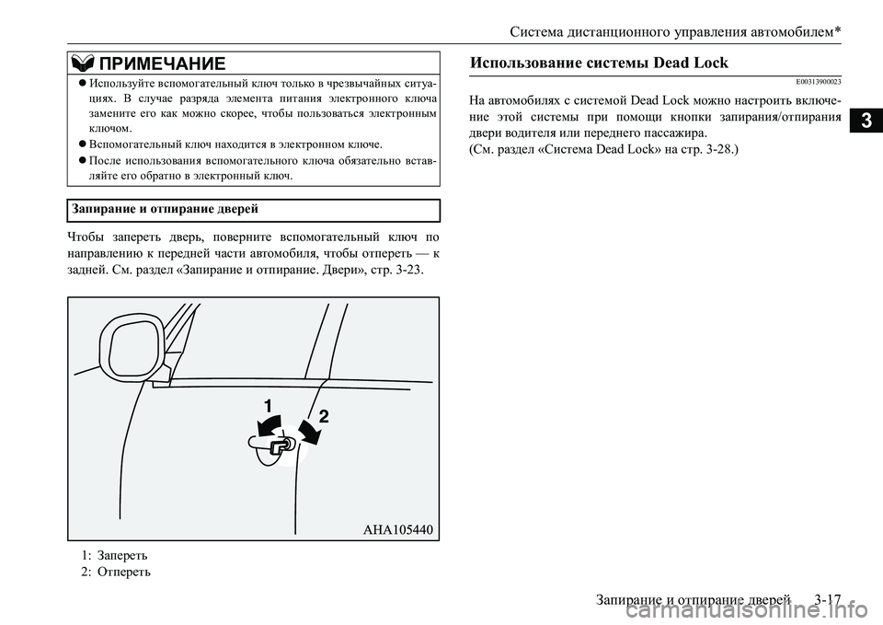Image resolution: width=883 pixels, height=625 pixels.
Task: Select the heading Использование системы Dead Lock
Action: tap(599, 63)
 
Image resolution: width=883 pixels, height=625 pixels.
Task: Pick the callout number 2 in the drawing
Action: tap(324, 416)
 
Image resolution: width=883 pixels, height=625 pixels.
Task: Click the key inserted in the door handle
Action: tap(281, 446)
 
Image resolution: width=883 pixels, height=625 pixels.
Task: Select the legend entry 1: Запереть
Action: tap(113, 555)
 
